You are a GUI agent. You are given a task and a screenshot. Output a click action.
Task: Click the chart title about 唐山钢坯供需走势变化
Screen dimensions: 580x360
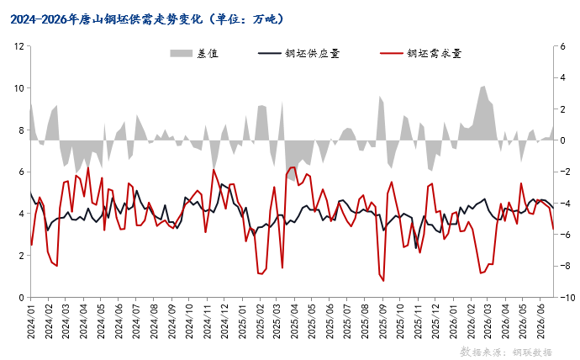click(147, 19)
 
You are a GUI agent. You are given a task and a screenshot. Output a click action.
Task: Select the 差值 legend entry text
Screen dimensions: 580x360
click(208, 54)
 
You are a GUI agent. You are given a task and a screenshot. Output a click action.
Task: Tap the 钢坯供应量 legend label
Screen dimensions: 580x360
click(312, 54)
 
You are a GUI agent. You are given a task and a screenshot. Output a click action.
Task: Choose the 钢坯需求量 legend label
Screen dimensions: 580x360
click(435, 54)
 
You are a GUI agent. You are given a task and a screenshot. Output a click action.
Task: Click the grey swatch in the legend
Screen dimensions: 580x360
click(182, 54)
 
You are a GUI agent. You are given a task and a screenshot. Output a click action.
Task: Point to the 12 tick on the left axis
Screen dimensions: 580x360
click(18, 46)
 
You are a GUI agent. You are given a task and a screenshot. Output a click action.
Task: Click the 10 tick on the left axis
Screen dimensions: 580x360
click(18, 88)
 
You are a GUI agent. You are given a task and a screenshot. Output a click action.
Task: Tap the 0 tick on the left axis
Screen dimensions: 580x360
click(22, 298)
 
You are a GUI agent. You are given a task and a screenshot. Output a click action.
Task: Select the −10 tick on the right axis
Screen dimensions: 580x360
click(565, 298)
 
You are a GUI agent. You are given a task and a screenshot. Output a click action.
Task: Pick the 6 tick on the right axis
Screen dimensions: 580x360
click(562, 46)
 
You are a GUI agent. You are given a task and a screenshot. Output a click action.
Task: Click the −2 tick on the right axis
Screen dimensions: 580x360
click(563, 172)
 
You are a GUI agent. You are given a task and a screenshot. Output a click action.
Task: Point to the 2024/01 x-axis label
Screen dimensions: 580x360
click(31, 320)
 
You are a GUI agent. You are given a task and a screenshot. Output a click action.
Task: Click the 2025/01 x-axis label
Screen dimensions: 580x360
click(243, 320)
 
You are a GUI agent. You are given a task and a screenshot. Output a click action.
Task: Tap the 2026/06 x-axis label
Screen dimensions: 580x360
click(540, 320)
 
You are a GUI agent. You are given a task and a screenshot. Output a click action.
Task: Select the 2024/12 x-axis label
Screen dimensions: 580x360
click(224, 320)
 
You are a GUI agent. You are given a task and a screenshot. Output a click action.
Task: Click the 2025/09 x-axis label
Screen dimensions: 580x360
click(382, 320)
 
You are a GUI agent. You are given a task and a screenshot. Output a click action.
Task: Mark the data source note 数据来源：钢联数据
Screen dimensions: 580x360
click(506, 352)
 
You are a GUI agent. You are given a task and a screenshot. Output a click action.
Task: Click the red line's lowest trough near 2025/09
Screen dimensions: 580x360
click(383, 281)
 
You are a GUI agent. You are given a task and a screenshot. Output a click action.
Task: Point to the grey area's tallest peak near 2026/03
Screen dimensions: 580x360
click(483, 86)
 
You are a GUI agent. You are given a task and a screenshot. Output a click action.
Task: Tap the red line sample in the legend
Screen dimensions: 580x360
click(392, 54)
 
